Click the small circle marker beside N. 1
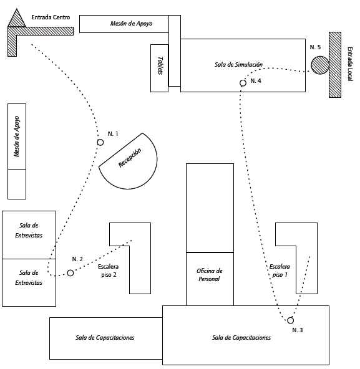pos(100,142)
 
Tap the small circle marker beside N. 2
pos(71,273)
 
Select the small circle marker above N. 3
pos(291,320)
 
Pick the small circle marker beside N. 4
pos(243,83)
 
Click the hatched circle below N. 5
pos(319,65)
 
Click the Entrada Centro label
pos(51,17)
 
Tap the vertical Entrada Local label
pos(350,64)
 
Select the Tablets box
pos(160,68)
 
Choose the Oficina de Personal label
pos(210,275)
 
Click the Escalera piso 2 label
pos(109,271)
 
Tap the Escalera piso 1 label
pos(280,271)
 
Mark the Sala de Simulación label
pos(238,64)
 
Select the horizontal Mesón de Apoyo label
pos(131,23)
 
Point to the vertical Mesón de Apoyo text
pos(17,137)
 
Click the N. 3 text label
pos(298,330)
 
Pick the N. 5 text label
pos(315,47)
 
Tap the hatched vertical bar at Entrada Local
pos(335,65)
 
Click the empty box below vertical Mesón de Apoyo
pos(17,184)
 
